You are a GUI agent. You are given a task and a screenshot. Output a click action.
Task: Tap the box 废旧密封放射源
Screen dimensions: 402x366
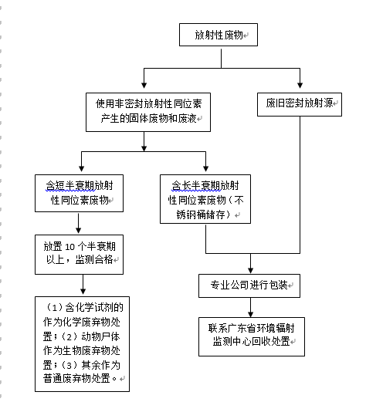(299, 103)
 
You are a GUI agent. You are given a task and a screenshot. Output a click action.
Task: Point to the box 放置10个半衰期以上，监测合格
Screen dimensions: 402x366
(79, 253)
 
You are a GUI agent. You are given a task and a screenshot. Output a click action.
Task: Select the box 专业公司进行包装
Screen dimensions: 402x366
(249, 284)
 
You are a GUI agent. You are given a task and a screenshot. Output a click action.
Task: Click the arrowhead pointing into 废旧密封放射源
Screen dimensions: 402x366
(299, 86)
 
